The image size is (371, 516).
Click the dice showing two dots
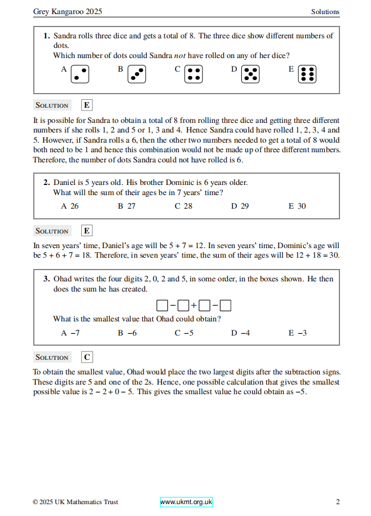tap(80, 74)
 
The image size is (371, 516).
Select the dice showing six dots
tap(307, 74)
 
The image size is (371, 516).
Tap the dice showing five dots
tap(250, 74)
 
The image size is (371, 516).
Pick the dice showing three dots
tap(136, 74)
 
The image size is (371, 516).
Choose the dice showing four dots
tap(194, 74)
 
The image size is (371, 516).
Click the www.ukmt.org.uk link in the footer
tap(186, 502)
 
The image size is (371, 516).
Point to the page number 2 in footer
tap(337, 502)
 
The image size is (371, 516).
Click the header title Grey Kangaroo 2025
tap(68, 11)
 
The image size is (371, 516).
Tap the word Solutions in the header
tap(325, 11)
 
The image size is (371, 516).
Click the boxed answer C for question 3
tap(87, 357)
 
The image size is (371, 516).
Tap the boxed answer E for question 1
tap(87, 105)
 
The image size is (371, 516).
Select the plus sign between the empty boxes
tap(193, 306)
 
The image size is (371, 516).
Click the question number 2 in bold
tap(46, 182)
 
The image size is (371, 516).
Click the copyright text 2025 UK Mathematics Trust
tap(76, 502)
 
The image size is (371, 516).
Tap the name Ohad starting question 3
tap(63, 279)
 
